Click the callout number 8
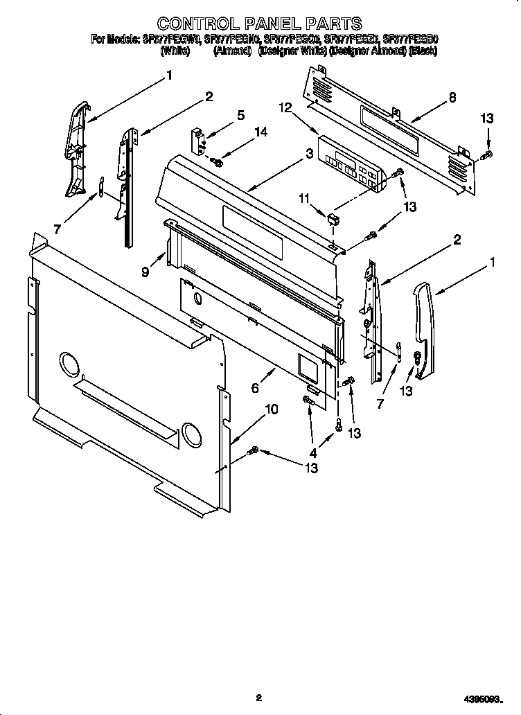452,97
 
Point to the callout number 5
240,116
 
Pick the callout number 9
146,273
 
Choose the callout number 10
272,409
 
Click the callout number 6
256,389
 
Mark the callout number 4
313,452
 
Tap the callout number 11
303,199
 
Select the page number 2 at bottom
258,698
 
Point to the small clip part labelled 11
333,220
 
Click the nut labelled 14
217,162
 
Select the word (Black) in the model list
423,51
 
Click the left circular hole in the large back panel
71,362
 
